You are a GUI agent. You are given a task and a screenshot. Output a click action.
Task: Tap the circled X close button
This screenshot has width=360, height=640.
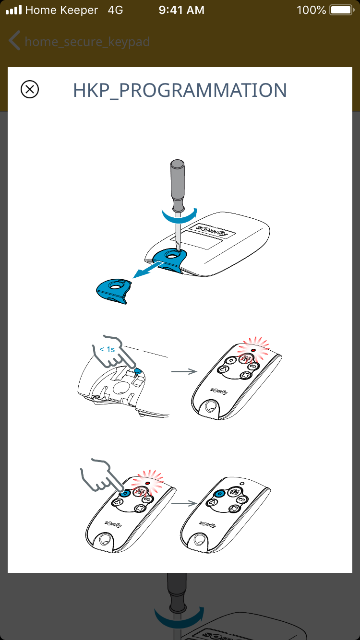30,89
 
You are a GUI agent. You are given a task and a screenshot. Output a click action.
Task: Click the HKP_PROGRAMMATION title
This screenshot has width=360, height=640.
180,91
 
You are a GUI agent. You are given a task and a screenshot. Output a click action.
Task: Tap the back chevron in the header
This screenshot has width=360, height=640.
14,40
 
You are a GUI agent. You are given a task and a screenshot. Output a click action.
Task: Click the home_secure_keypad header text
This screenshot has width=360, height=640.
87,42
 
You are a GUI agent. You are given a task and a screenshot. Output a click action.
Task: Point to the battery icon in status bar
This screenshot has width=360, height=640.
342,10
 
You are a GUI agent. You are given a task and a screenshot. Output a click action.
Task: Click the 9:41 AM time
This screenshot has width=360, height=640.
181,10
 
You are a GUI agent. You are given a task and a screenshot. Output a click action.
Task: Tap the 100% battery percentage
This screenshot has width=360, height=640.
311,10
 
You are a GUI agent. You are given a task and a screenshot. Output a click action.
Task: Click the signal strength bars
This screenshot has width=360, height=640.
14,10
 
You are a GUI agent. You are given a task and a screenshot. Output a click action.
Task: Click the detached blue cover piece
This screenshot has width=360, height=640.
114,291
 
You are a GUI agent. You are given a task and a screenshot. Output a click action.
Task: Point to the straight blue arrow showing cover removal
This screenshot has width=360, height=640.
147,270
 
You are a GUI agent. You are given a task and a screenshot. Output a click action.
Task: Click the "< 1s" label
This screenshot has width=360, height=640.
107,349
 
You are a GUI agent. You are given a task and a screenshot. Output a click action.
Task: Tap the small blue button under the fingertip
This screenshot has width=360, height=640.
138,371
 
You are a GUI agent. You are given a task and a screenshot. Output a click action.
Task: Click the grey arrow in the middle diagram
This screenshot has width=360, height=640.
184,371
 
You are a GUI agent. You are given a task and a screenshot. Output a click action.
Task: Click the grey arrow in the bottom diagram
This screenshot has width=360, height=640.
184,503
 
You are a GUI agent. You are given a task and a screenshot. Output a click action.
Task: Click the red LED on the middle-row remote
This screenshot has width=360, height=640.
253,350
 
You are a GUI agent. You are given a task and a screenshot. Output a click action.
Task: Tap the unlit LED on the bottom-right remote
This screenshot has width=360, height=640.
242,484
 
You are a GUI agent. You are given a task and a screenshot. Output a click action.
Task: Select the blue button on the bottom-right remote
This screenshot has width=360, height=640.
219,494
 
